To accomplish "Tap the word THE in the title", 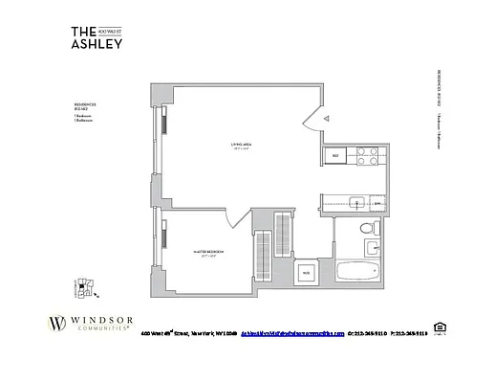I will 84,30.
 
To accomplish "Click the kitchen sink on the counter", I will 355,203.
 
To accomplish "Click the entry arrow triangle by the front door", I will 325,116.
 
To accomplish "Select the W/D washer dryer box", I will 306,273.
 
